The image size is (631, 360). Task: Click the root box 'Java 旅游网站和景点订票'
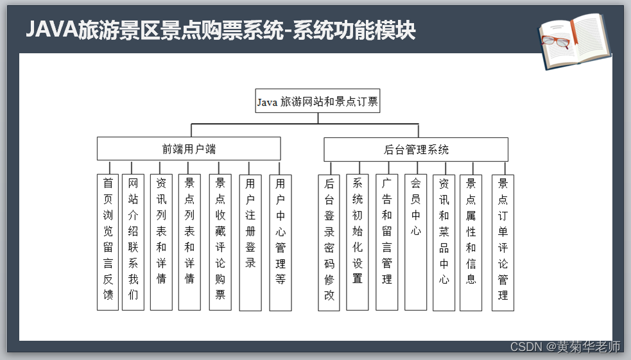pos(317,101)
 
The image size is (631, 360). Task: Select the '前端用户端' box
pos(189,149)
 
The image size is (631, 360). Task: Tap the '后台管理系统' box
pos(415,150)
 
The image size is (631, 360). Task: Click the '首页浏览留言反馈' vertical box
pos(108,242)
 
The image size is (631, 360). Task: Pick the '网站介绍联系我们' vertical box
pos(133,242)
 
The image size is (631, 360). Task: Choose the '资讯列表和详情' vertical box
pos(161,242)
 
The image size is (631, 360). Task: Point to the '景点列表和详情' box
pos(189,242)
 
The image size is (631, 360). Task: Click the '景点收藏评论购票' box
pos(220,242)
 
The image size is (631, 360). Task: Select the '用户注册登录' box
pos(250,242)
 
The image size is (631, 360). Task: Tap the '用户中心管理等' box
pos(281,242)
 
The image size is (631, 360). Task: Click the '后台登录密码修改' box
pos(329,242)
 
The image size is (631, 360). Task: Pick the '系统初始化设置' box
pos(358,242)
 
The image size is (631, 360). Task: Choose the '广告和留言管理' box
pos(386,242)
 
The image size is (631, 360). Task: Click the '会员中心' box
pos(415,242)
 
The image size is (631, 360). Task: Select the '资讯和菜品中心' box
pos(444,242)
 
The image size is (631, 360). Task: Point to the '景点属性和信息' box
pos(471,242)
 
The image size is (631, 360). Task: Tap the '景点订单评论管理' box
pos(503,242)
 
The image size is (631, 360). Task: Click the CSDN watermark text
pos(565,347)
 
